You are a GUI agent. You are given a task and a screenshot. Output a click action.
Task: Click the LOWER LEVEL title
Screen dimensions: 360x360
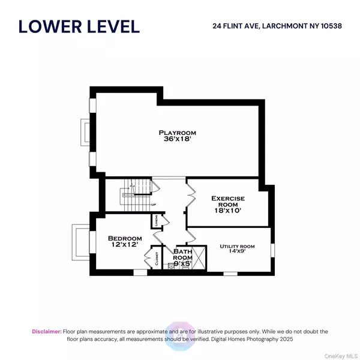pos(79,26)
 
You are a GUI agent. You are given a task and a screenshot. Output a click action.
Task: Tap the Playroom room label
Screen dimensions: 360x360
pos(177,132)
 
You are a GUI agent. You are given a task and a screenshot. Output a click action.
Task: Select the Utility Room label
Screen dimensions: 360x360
pos(237,246)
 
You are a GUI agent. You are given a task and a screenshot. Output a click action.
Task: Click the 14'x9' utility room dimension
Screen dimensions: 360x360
pos(237,253)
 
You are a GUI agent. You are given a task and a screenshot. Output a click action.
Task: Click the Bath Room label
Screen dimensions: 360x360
pos(183,255)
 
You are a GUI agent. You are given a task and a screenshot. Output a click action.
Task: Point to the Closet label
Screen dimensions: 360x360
pos(157,259)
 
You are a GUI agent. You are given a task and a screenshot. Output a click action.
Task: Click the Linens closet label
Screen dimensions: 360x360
pos(155,220)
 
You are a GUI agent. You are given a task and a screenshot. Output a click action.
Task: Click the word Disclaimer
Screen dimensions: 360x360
pos(46,331)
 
